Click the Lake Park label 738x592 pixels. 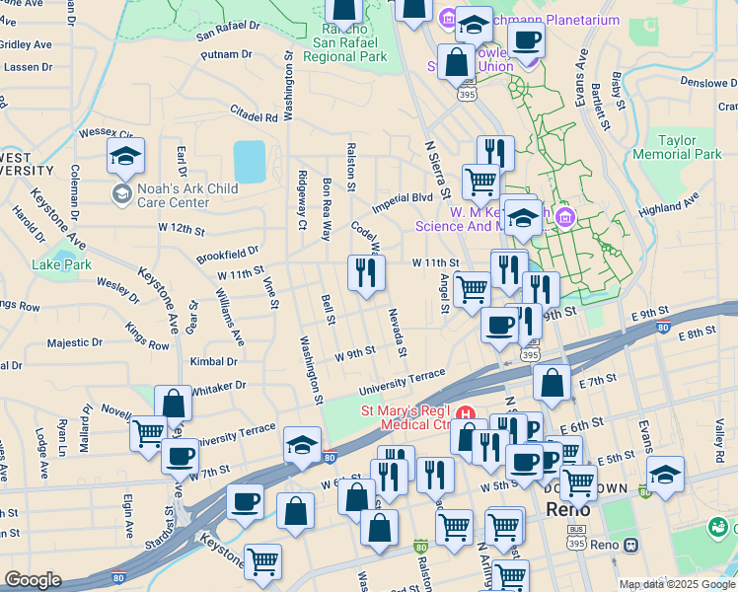tap(61, 264)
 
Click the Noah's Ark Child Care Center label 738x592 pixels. tap(175, 195)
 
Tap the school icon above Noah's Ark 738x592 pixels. tap(126, 157)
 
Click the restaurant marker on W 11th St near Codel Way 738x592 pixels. tap(366, 273)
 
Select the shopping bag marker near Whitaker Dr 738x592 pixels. tap(174, 405)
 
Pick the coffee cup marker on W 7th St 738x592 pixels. tap(181, 457)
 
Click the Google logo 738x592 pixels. tap(34, 580)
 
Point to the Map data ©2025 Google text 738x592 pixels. tap(676, 584)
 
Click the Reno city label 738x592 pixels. tap(568, 510)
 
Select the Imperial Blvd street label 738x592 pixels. tap(403, 202)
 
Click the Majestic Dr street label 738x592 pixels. tap(74, 343)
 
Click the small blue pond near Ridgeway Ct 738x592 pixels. tap(250, 161)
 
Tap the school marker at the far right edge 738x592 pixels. tap(665, 475)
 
